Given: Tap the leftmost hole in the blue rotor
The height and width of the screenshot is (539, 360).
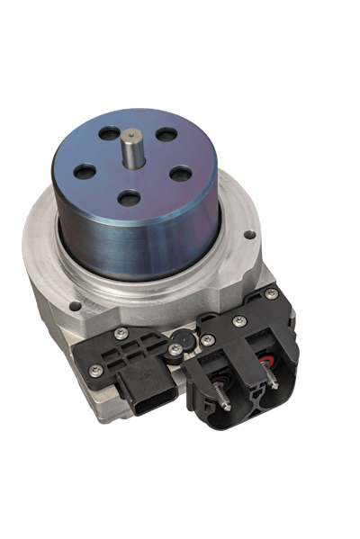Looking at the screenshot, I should (x=85, y=170).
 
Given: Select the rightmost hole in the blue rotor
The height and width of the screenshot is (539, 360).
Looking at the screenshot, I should (x=181, y=173).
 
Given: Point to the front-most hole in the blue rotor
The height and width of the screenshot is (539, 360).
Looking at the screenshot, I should (x=130, y=197).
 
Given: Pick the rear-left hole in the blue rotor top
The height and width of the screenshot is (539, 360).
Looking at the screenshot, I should (x=109, y=134).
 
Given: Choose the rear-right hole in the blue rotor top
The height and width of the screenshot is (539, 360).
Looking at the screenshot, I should (x=166, y=135).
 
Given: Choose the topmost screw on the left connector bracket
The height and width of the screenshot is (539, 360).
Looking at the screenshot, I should (x=121, y=333).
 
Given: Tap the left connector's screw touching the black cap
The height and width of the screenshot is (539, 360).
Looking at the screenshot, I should (x=174, y=349).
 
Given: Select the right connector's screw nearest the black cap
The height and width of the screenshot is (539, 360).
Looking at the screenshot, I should (x=207, y=340).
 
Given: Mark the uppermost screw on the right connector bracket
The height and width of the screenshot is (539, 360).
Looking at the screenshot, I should (x=271, y=294).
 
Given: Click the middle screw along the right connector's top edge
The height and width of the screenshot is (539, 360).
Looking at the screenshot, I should (x=238, y=321).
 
